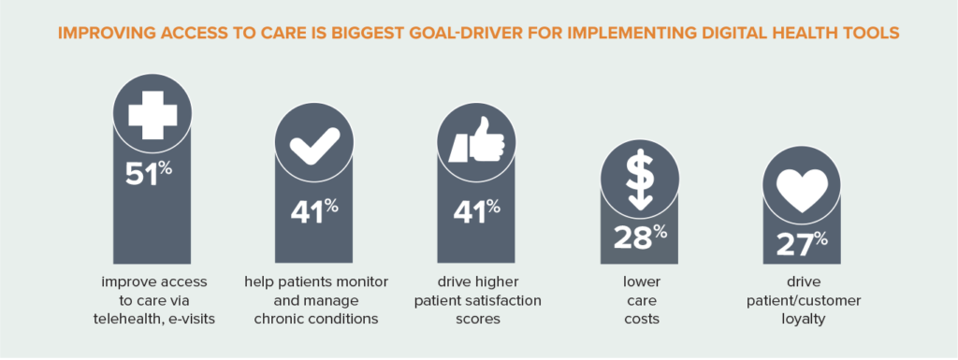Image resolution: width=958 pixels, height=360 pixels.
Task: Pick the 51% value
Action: tap(149, 173)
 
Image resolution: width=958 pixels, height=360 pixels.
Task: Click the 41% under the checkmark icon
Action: tap(314, 210)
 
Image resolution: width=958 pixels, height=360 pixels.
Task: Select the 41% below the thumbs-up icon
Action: tap(476, 210)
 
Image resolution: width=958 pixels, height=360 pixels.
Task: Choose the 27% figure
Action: tap(802, 244)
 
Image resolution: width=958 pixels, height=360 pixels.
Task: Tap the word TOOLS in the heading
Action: tap(873, 34)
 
